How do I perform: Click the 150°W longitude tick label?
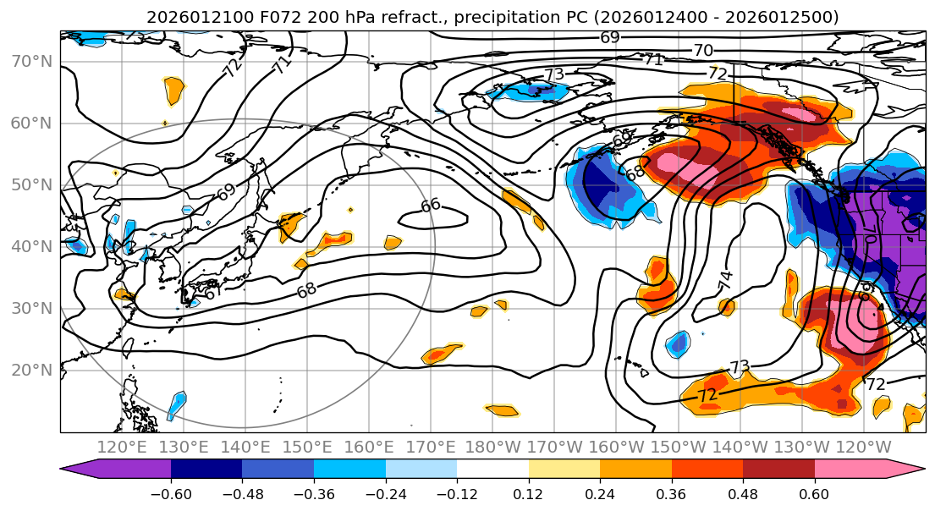(x=679, y=448)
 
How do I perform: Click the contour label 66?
(x=431, y=205)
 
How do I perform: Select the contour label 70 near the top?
(x=703, y=51)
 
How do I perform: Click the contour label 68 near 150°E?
(x=306, y=290)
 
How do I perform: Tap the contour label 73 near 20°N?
(x=740, y=367)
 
